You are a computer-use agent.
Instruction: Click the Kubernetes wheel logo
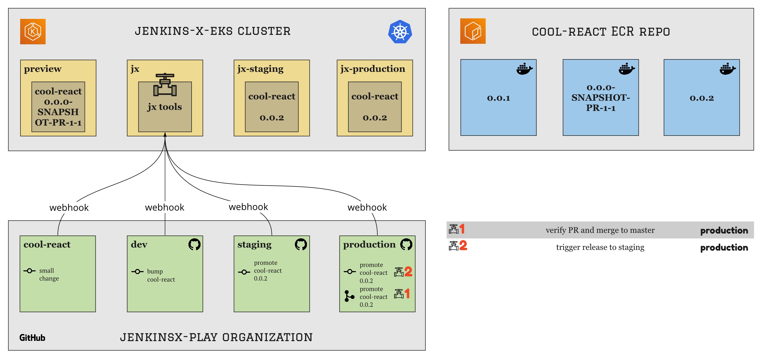pyautogui.click(x=400, y=32)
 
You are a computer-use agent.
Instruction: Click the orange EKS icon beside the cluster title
pyautogui.click(x=33, y=32)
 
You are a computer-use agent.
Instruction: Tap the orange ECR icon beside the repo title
pyautogui.click(x=473, y=31)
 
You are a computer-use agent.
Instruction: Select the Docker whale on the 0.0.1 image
pyautogui.click(x=524, y=69)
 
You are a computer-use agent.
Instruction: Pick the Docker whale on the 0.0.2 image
pyautogui.click(x=727, y=69)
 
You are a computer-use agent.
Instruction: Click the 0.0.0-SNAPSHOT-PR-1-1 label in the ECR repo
pyautogui.click(x=600, y=98)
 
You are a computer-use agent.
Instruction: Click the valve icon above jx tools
pyautogui.click(x=165, y=85)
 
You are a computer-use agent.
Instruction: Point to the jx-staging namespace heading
pyautogui.click(x=260, y=69)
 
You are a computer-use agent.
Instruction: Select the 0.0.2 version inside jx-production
pyautogui.click(x=375, y=118)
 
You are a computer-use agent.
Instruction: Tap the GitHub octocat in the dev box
pyautogui.click(x=194, y=244)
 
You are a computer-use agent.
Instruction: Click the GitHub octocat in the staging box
pyautogui.click(x=301, y=244)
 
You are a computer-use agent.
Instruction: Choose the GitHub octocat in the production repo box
pyautogui.click(x=406, y=244)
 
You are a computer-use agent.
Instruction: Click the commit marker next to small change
pyautogui.click(x=29, y=271)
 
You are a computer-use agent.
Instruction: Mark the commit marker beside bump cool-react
pyautogui.click(x=137, y=271)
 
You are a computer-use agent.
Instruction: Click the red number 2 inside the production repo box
pyautogui.click(x=408, y=271)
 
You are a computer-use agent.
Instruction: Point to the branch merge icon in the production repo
pyautogui.click(x=349, y=296)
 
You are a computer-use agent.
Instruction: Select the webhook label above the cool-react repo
pyautogui.click(x=69, y=208)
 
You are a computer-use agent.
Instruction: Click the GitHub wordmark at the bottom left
pyautogui.click(x=32, y=338)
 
